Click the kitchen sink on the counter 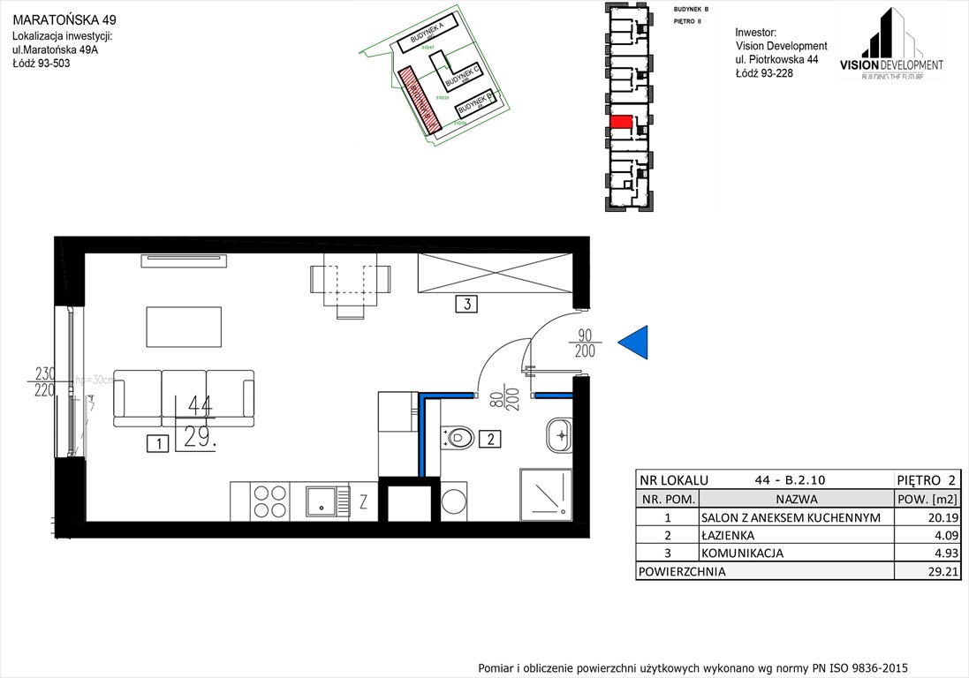tap(319, 501)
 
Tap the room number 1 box tap(157, 444)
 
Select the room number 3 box tap(466, 305)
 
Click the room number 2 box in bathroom tap(493, 437)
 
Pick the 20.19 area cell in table tap(927, 518)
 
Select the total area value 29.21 tap(927, 571)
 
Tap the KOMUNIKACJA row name tap(742, 554)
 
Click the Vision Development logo tap(891, 44)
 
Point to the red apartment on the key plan tap(621, 122)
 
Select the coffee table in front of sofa tap(184, 327)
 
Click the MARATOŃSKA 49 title tap(64, 19)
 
